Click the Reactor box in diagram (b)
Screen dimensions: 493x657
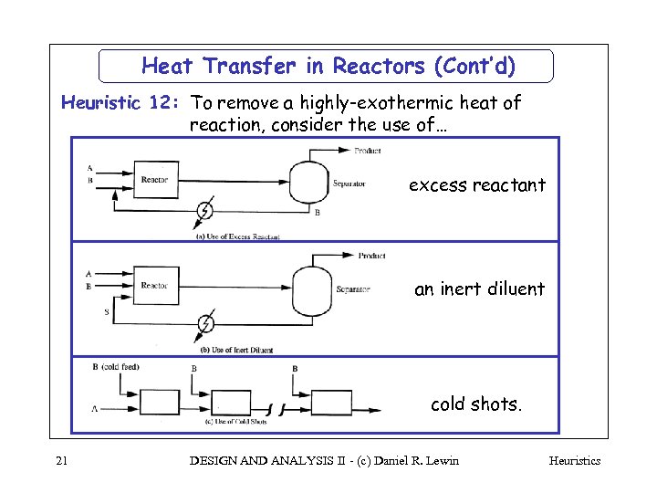pos(155,286)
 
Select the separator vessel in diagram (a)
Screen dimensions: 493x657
pos(308,183)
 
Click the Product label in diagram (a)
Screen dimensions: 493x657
pos(367,151)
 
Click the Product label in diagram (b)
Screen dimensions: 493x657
pos(371,256)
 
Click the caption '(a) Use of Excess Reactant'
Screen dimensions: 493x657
pos(237,236)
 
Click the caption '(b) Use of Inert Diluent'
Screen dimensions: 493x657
pos(235,350)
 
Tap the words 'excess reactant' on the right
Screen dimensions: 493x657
pos(476,185)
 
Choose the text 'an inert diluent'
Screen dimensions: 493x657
pos(479,289)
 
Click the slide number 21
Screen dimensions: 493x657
pos(61,461)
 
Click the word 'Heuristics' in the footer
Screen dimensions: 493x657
pos(574,461)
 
